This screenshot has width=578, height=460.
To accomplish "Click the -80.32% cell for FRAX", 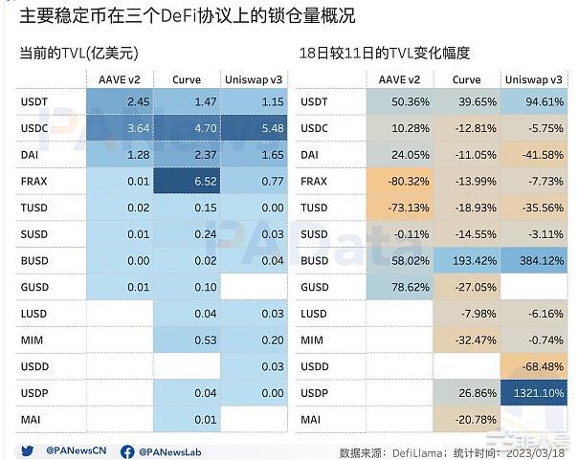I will pyautogui.click(x=396, y=181).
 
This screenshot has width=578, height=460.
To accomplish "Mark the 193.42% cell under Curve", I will pyautogui.click(x=466, y=260).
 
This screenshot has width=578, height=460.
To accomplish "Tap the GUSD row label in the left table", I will pyautogui.click(x=33, y=287).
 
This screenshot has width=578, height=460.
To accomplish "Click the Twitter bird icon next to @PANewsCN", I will pyautogui.click(x=26, y=450).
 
